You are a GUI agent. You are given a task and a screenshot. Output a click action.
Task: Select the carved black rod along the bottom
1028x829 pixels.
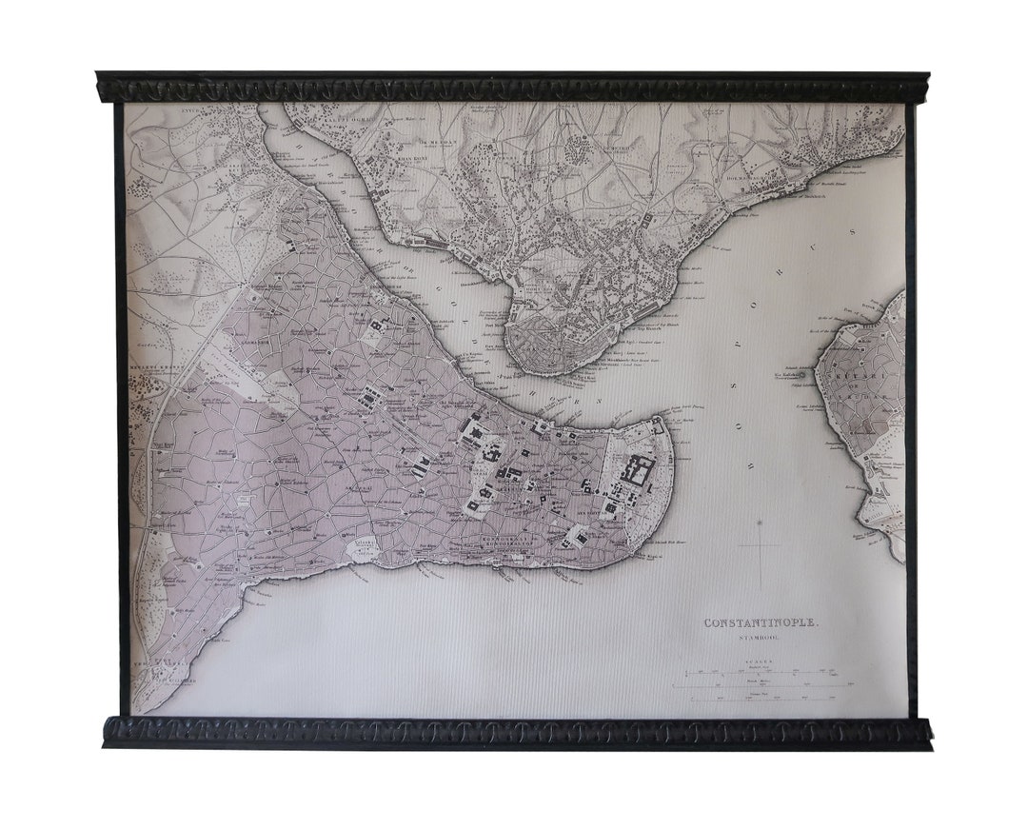click(x=513, y=731)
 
